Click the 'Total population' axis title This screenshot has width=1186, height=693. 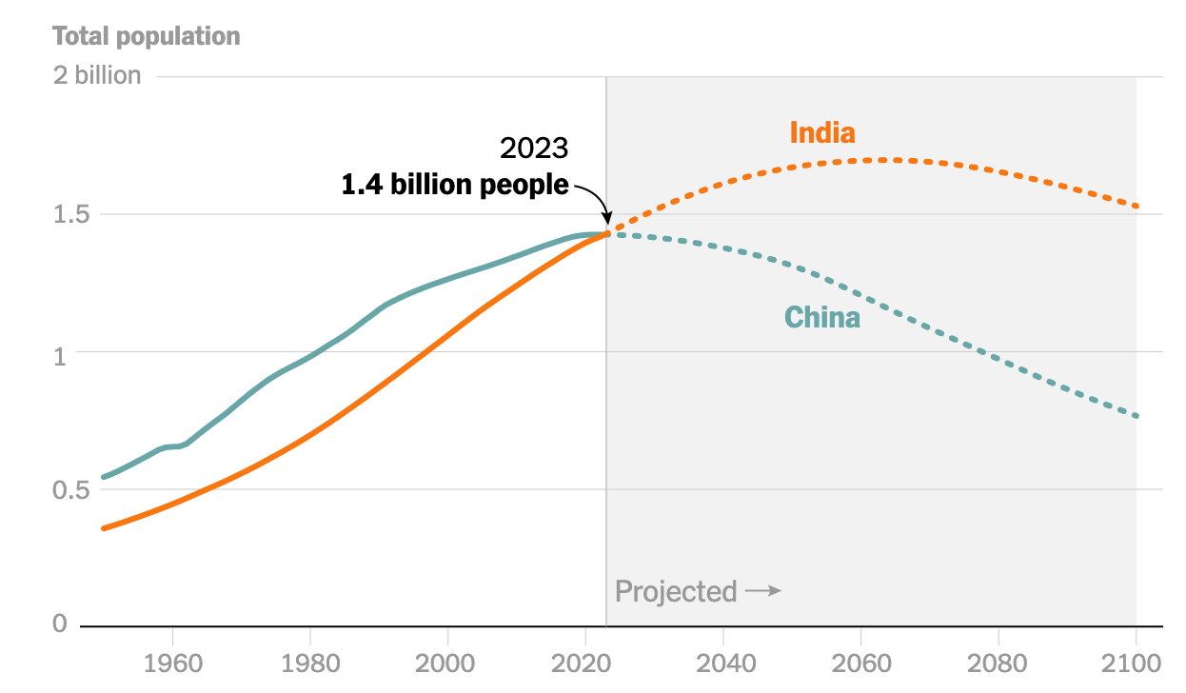tap(147, 37)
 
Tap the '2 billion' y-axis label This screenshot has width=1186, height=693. tap(97, 76)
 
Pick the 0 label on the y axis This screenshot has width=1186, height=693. tap(60, 624)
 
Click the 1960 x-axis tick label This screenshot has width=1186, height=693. tap(172, 661)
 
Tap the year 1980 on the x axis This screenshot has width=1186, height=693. tap(310, 661)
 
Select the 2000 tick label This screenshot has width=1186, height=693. tap(447, 661)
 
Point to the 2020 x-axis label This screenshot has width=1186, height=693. tap(585, 661)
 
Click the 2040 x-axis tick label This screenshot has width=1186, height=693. tap(723, 661)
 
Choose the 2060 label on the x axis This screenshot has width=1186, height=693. tap(860, 661)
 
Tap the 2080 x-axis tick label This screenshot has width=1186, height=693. tap(998, 661)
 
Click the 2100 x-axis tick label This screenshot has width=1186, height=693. tap(1136, 661)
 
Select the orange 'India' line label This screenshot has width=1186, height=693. tap(822, 132)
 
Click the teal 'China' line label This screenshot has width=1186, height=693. tap(822, 317)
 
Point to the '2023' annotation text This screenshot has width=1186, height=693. tap(534, 148)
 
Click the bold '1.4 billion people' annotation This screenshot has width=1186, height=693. tap(455, 185)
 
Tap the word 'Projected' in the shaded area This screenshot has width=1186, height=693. tap(676, 591)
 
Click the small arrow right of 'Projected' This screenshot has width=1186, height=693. tap(763, 591)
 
